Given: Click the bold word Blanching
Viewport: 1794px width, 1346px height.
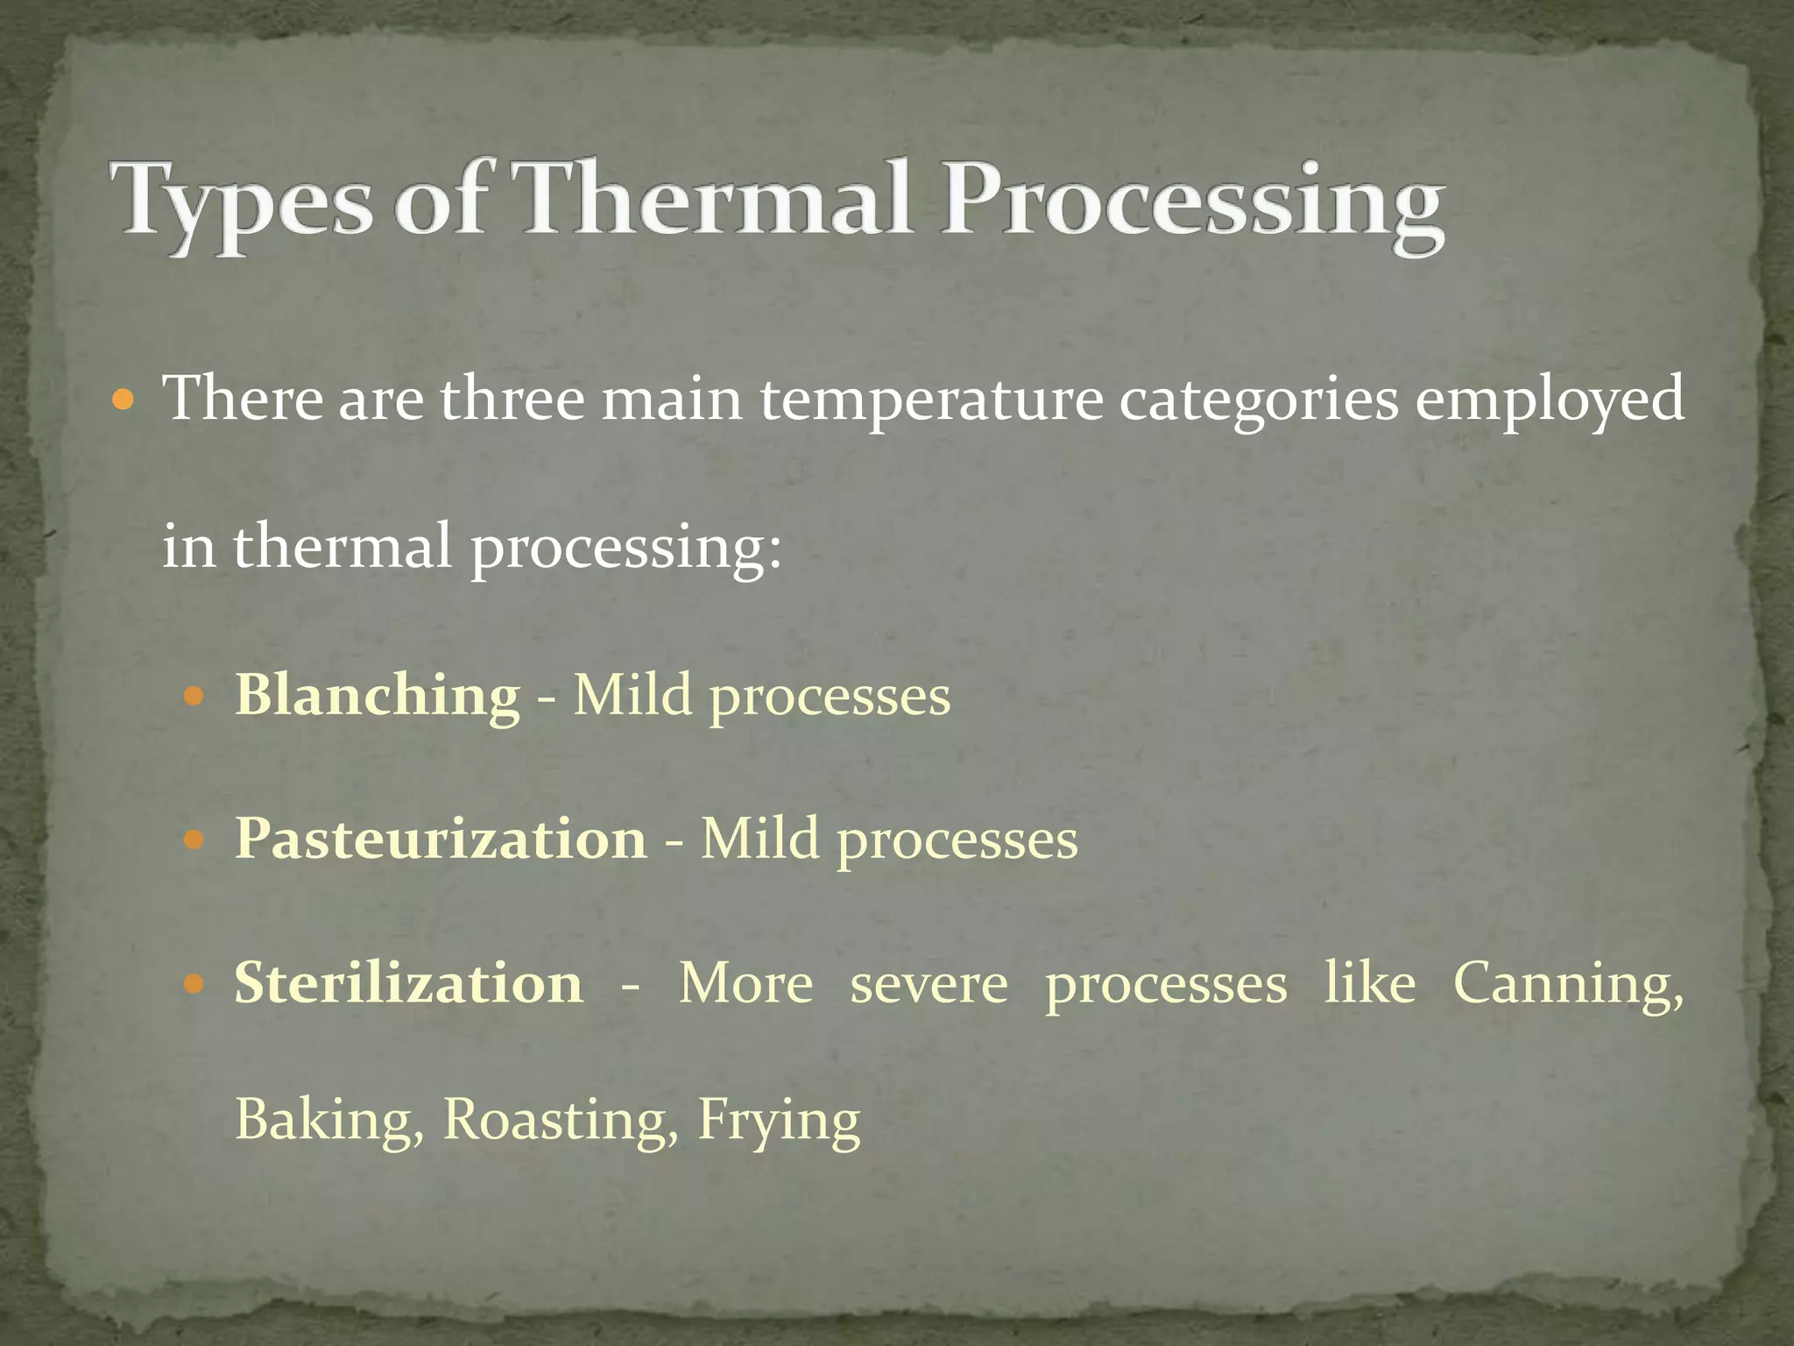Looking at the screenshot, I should pyautogui.click(x=378, y=696).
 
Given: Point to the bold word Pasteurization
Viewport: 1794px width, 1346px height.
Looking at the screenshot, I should pyautogui.click(x=441, y=839).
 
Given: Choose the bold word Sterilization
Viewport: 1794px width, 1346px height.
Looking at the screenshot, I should pyautogui.click(x=408, y=982).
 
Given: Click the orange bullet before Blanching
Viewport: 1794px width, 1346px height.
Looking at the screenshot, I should pyautogui.click(x=194, y=698).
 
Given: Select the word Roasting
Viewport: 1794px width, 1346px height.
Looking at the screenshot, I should pyautogui.click(x=561, y=1121).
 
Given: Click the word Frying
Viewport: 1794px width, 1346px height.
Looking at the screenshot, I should pyautogui.click(x=779, y=1123).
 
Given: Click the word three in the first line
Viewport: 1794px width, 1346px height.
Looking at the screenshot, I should pyautogui.click(x=512, y=400).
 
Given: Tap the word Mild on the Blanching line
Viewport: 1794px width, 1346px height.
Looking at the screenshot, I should pyautogui.click(x=632, y=696).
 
